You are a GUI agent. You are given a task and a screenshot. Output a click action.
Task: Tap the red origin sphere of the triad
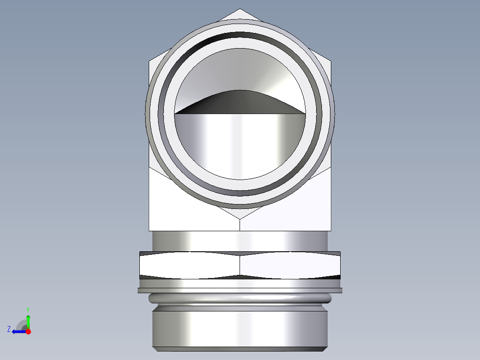point(28,331)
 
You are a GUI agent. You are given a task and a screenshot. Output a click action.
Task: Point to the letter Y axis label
point(28,309)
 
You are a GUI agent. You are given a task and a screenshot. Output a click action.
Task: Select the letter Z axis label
point(9,329)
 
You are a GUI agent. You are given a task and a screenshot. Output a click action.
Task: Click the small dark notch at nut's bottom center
point(240,277)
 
